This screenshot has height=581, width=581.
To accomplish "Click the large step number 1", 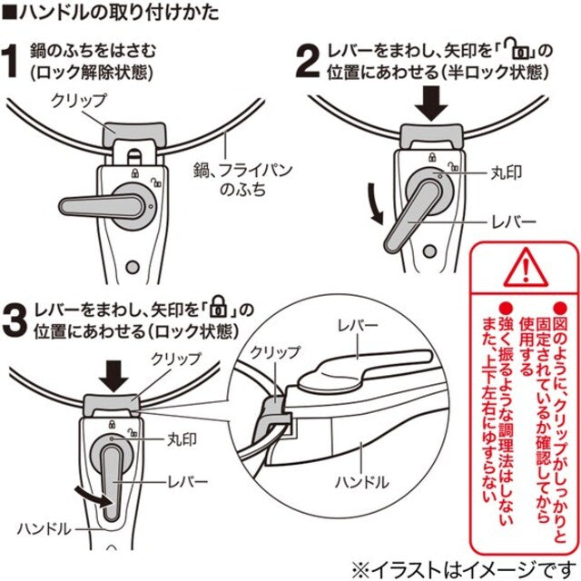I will (15, 64).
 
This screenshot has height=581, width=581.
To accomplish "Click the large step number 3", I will (16, 321).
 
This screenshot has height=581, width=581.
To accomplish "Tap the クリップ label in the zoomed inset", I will (269, 351).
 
